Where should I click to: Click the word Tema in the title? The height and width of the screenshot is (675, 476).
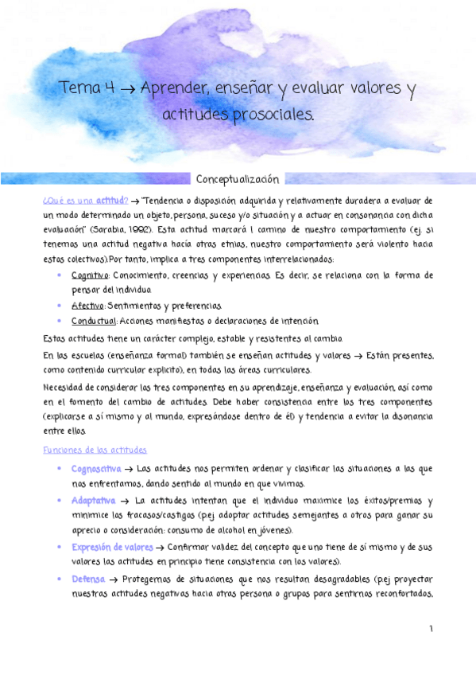77,88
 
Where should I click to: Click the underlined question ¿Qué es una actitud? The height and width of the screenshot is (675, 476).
84,200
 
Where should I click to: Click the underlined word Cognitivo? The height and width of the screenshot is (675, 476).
90,275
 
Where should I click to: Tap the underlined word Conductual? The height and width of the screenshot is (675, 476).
94,321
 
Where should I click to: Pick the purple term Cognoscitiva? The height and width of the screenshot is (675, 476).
97,469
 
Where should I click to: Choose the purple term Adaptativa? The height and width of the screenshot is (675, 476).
94,501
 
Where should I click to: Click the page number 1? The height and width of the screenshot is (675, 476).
431,629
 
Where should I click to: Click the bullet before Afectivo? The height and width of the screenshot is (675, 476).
60,306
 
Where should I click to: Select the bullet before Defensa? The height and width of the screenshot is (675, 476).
60,579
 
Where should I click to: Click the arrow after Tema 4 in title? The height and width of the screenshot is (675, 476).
126,88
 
